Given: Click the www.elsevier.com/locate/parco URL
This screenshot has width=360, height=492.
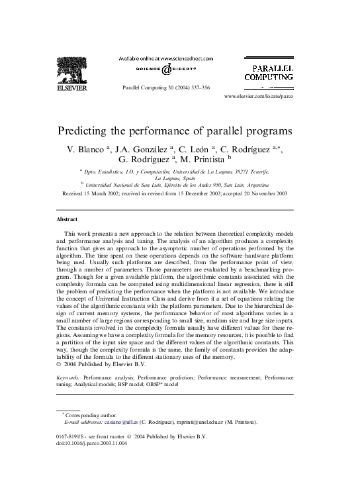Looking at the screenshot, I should [259, 97].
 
